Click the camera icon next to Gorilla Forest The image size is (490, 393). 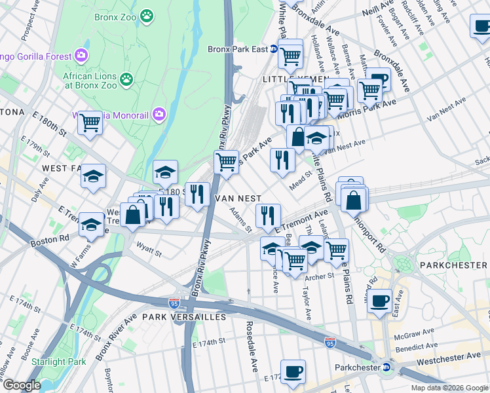point(81,54)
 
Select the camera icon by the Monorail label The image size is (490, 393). point(159,115)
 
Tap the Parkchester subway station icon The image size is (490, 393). point(386,367)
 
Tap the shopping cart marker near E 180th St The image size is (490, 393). point(90,122)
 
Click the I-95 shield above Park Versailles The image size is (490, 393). point(174,303)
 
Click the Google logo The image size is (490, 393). point(21,385)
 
